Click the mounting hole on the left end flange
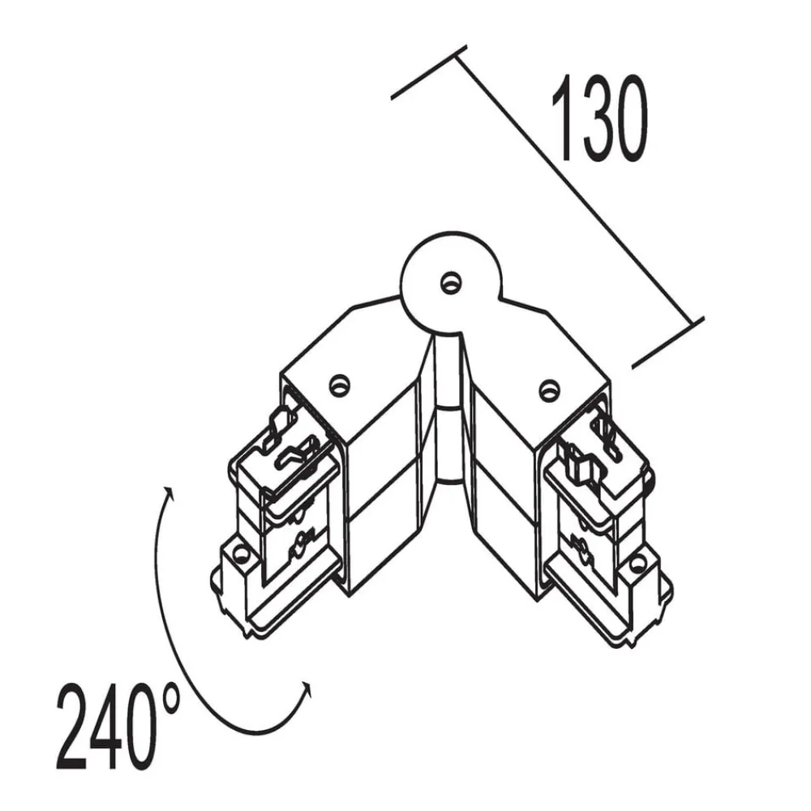click(240, 554)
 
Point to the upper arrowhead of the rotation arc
click(169, 491)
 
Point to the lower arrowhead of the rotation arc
click(307, 687)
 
